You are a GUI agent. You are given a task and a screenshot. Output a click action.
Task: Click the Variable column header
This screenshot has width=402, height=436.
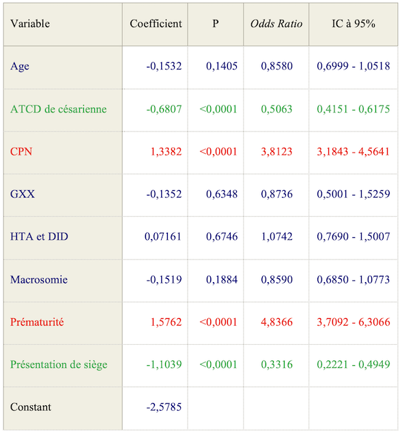[30, 24]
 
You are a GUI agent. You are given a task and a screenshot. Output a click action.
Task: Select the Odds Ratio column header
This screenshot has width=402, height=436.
[276, 24]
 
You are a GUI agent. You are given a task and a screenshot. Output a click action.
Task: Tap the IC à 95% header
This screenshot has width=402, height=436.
[353, 24]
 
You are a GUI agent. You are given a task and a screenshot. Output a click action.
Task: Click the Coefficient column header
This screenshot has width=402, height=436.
[156, 24]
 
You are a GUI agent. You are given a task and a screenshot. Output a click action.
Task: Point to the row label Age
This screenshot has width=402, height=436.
[20, 67]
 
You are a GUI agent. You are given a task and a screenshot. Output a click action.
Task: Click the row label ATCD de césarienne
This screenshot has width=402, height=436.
[59, 109]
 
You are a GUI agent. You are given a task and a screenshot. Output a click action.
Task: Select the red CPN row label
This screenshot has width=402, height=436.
[21, 152]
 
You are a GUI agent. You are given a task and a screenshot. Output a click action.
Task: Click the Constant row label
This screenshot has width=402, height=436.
[31, 407]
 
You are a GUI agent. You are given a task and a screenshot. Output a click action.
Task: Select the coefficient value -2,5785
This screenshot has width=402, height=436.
[164, 407]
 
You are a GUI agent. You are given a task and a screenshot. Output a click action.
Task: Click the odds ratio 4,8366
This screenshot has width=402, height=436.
[276, 322]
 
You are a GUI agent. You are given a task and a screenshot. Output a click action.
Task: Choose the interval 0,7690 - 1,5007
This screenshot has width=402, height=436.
[353, 237]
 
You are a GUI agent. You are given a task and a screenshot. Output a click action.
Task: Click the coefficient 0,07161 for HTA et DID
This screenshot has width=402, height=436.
[163, 237]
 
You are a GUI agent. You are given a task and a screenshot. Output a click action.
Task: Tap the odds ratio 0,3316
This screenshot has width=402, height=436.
[276, 364]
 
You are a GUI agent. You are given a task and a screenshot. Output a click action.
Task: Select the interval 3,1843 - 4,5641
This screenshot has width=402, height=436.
[353, 152]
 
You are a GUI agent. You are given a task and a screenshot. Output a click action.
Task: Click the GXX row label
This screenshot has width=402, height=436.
[23, 194]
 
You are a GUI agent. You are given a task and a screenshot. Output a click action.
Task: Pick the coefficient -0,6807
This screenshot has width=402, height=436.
[164, 109]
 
